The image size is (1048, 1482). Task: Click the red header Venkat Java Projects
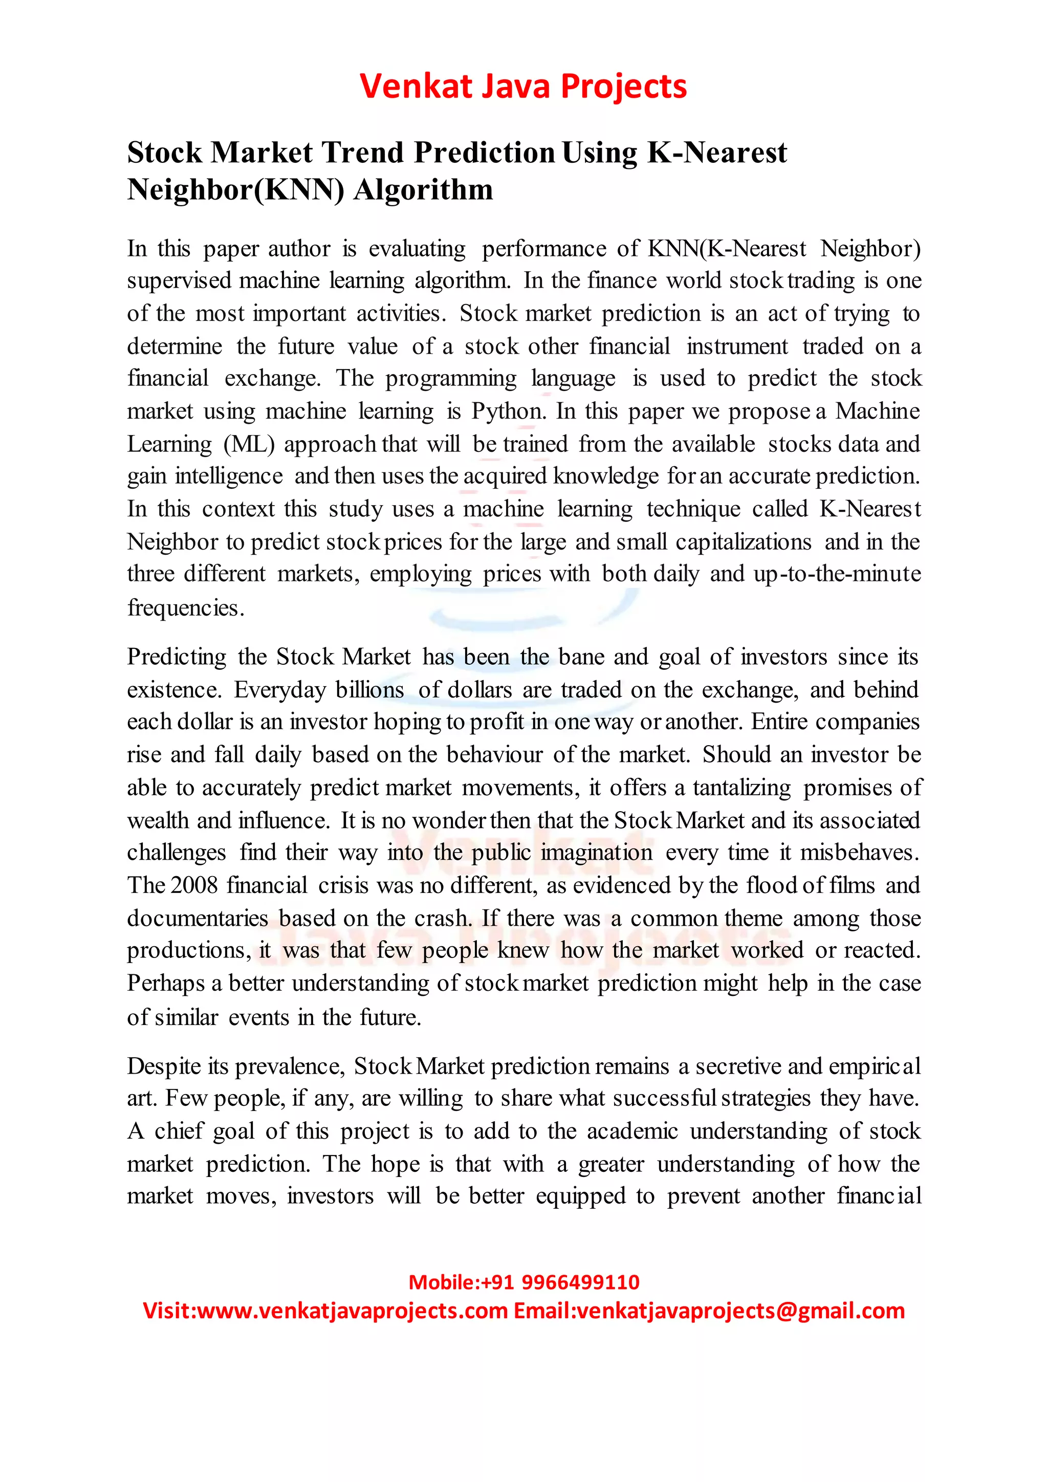click(523, 86)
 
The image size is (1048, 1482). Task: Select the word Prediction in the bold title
click(484, 153)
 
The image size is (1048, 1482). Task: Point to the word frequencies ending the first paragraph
click(185, 608)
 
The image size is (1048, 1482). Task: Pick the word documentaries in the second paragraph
click(198, 918)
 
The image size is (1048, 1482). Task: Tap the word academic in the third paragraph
click(632, 1131)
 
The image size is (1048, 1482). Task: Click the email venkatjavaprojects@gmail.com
click(741, 1312)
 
